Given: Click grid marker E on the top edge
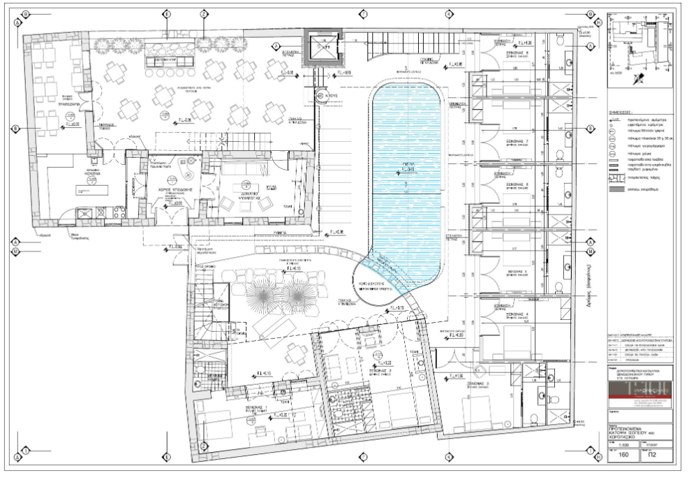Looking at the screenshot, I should [167, 13].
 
